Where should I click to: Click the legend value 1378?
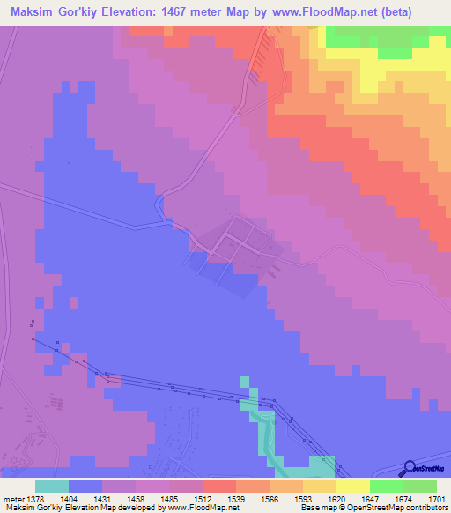click(x=36, y=499)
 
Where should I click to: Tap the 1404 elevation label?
click(x=69, y=499)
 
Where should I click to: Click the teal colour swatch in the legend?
click(x=52, y=486)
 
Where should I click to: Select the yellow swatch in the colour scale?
click(x=352, y=486)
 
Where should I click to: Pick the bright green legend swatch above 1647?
click(x=386, y=486)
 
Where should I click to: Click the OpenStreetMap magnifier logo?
click(x=408, y=468)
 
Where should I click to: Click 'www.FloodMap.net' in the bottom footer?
click(x=202, y=508)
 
